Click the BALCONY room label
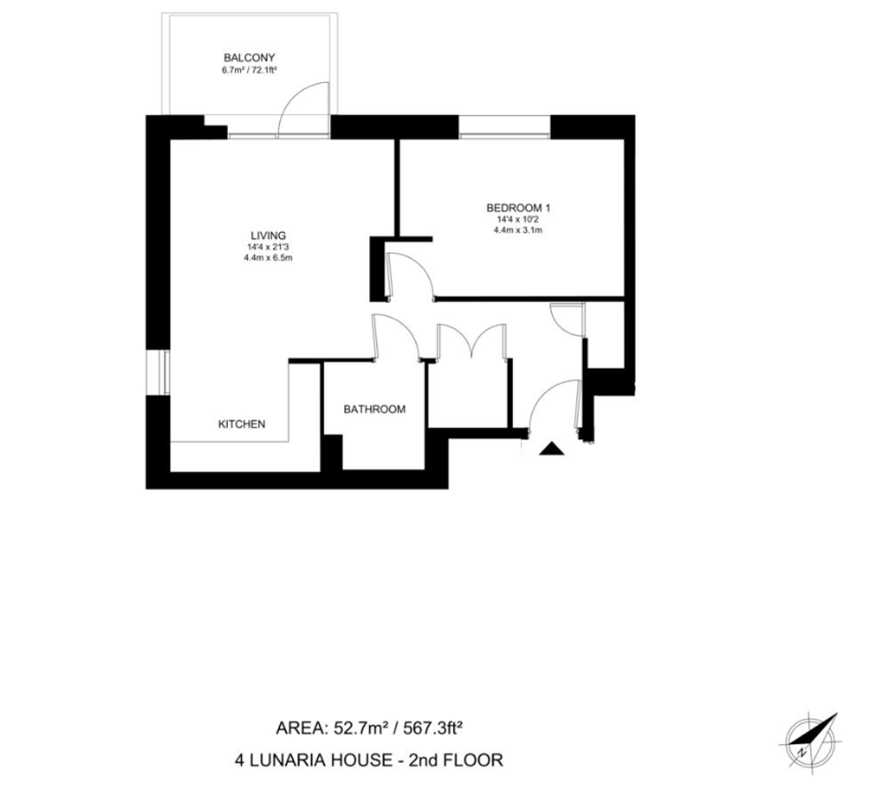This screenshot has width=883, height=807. pyautogui.click(x=249, y=57)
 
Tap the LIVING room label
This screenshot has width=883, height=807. pyautogui.click(x=268, y=236)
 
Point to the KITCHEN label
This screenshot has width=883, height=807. pyautogui.click(x=242, y=424)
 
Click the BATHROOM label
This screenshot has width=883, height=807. pyautogui.click(x=374, y=410)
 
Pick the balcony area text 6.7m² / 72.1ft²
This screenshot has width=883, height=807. pyautogui.click(x=249, y=71)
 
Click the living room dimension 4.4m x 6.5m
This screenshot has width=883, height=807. pyautogui.click(x=268, y=258)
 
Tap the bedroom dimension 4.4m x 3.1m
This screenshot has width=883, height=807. pyautogui.click(x=518, y=230)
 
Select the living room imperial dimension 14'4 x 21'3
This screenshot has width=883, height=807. pyautogui.click(x=268, y=247)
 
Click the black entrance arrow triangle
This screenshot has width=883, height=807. pyautogui.click(x=552, y=449)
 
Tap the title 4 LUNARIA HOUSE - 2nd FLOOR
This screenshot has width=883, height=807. pyautogui.click(x=369, y=760)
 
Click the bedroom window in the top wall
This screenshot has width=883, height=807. pyautogui.click(x=504, y=135)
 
